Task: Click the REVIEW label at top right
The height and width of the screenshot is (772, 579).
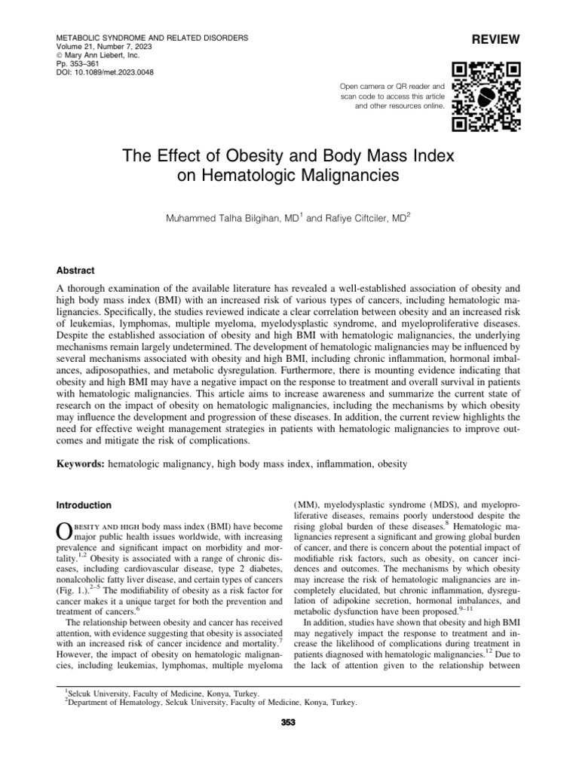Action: pyautogui.click(x=497, y=38)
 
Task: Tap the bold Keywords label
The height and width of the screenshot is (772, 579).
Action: pyautogui.click(x=81, y=465)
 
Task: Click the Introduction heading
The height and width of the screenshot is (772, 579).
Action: pyautogui.click(x=84, y=505)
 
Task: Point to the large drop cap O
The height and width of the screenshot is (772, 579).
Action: pyautogui.click(x=66, y=531)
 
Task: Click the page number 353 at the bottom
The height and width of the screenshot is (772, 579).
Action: pyautogui.click(x=289, y=725)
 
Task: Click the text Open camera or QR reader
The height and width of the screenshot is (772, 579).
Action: pyautogui.click(x=393, y=87)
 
